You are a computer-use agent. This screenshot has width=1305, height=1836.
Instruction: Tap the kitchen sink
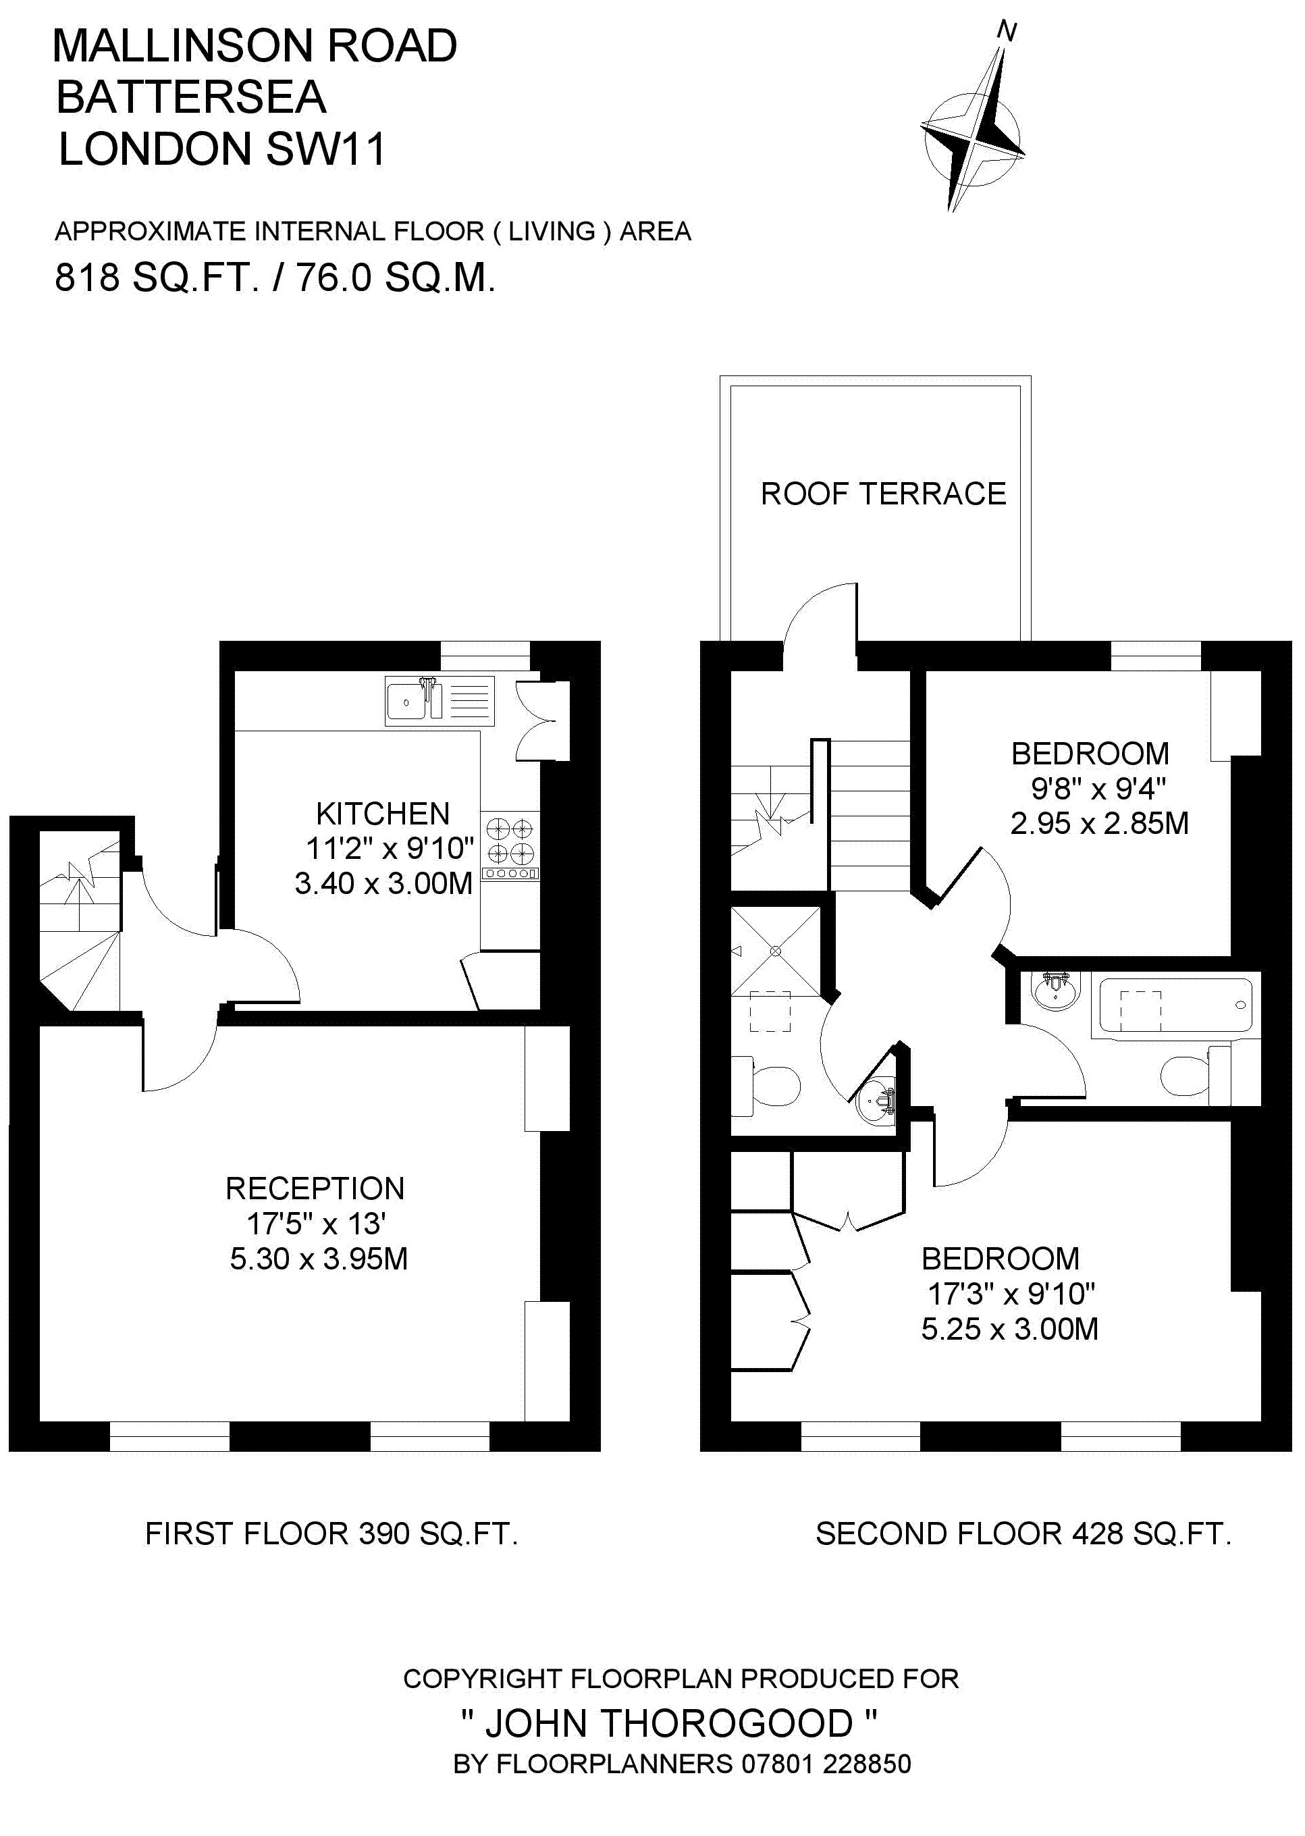[439, 702]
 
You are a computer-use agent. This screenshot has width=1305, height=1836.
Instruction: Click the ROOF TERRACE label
[883, 494]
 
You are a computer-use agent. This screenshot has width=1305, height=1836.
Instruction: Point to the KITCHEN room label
[383, 814]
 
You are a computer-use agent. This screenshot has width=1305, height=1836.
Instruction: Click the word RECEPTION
[315, 1188]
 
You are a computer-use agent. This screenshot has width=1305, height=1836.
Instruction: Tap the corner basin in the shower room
[878, 1103]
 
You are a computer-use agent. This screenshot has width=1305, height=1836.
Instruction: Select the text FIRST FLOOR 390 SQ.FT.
[331, 1534]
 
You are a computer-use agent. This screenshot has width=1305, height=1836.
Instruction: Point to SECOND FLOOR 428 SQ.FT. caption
[1023, 1534]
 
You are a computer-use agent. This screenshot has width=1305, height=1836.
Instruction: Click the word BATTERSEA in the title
[191, 97]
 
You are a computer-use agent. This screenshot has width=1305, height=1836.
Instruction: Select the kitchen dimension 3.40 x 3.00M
[383, 883]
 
